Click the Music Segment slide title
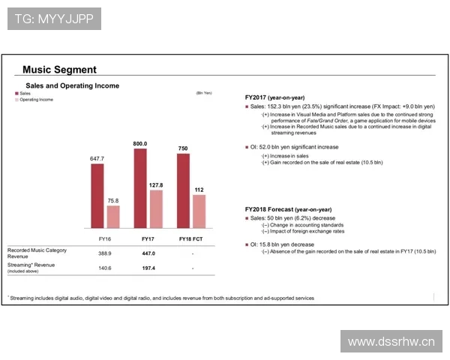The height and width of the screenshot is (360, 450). click(59, 70)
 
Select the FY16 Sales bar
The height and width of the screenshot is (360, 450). click(97, 196)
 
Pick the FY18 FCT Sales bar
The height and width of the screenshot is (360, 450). click(182, 192)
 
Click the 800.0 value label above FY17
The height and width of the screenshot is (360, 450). click(140, 143)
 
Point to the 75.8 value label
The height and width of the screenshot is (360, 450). click(113, 200)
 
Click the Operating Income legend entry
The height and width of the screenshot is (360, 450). click(34, 99)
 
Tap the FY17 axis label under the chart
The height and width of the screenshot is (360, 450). click(148, 238)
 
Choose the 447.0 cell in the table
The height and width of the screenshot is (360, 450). click(148, 253)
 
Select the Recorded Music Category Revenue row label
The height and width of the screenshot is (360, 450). click(38, 253)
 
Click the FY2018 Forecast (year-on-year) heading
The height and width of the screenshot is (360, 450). click(288, 208)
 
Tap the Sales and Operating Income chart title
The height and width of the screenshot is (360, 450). click(72, 85)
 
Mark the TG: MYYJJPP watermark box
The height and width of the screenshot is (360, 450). click(54, 18)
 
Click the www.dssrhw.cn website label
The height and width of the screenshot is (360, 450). click(391, 342)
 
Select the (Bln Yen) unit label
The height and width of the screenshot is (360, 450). click(204, 93)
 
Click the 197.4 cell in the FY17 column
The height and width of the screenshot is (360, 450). click(148, 268)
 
